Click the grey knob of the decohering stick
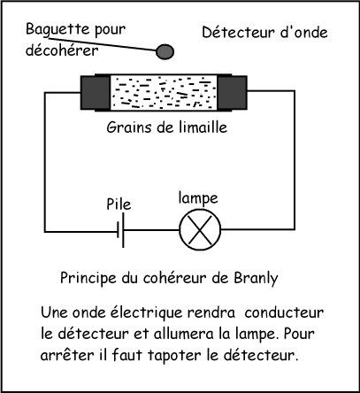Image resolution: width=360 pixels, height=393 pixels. pyautogui.click(x=165, y=51)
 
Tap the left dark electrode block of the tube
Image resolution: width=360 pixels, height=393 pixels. pyautogui.click(x=96, y=93)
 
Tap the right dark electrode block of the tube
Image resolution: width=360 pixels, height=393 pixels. pyautogui.click(x=232, y=92)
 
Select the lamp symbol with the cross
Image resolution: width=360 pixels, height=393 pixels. pyautogui.click(x=200, y=229)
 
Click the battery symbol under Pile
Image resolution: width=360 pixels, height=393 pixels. pyautogui.click(x=121, y=230)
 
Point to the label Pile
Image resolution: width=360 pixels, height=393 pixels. pyautogui.click(x=119, y=204)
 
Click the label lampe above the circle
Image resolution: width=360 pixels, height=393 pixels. pyautogui.click(x=198, y=198)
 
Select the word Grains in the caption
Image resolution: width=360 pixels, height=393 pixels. pyautogui.click(x=129, y=127)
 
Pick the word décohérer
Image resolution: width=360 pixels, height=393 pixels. pyautogui.click(x=62, y=50)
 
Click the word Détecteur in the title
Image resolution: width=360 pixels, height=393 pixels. pyautogui.click(x=238, y=32)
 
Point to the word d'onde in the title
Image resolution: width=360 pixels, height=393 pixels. pyautogui.click(x=303, y=32)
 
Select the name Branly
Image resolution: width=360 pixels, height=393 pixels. pyautogui.click(x=256, y=278)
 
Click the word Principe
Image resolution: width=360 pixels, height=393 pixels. pyautogui.click(x=88, y=278)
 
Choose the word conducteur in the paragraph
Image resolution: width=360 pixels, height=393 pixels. pyautogui.click(x=284, y=312)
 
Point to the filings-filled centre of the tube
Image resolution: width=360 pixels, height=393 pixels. pyautogui.click(x=164, y=92)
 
